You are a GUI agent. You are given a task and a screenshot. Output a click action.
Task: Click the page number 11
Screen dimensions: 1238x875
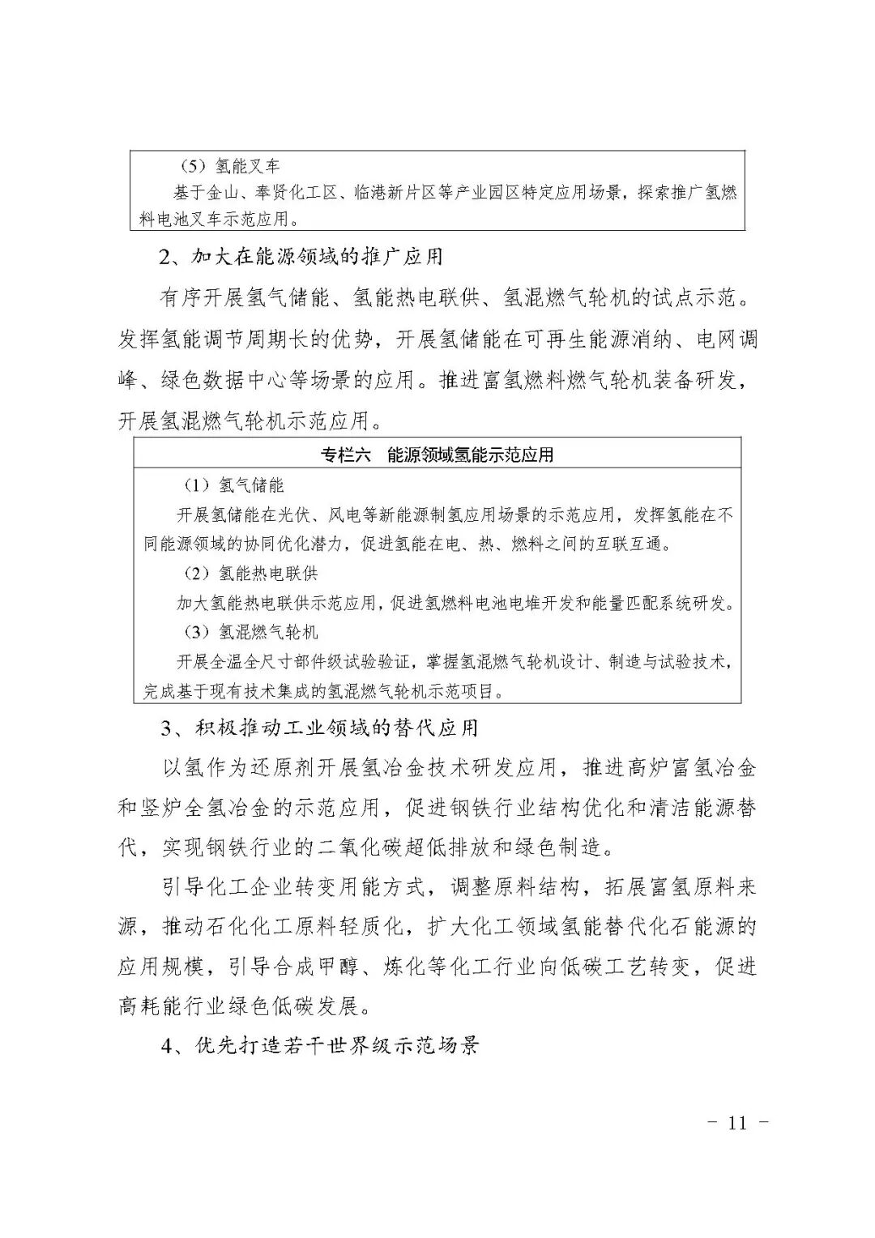pos(736,1123)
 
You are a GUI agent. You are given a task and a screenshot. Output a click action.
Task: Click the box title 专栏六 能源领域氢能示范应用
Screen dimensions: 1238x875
pos(437,455)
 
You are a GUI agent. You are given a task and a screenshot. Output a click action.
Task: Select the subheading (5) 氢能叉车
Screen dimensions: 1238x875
pos(231,167)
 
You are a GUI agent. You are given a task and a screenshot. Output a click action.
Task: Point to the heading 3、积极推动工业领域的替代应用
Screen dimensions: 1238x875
pos(319,728)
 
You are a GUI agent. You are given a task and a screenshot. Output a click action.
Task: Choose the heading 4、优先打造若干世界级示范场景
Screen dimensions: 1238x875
pos(320,1045)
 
